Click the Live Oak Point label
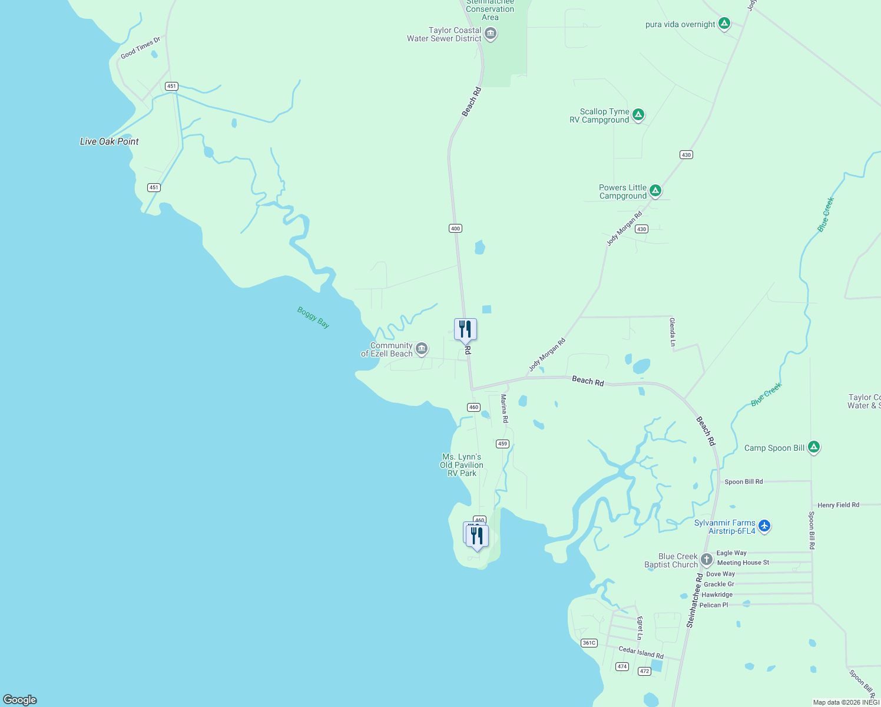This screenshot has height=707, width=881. pos(109,141)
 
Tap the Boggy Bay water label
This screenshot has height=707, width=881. pos(313,318)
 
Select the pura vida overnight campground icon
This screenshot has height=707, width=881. pos(724,24)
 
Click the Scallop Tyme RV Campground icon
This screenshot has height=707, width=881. pos(638,115)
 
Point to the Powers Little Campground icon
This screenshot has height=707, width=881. pos(655,191)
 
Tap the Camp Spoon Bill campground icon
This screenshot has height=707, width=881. pos(814,447)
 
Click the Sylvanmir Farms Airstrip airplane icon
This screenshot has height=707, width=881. pos(764,526)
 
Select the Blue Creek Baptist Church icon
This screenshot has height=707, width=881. pos(707,560)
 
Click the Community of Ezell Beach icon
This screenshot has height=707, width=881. pos(422,349)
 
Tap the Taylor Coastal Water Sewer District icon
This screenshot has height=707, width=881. pos(491,34)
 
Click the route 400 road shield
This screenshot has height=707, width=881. pos(455,228)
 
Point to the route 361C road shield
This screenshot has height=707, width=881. pos(589,643)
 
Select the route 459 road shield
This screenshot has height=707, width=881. pos(502,444)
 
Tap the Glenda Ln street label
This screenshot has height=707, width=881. pos(672,332)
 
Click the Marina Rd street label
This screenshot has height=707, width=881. pos(504,409)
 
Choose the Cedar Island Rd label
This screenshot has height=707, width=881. pos(641,653)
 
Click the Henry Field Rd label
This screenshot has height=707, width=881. pos(838,505)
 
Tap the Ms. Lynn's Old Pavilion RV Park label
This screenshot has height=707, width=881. pos(462,465)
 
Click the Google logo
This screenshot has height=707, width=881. pos(20,699)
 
